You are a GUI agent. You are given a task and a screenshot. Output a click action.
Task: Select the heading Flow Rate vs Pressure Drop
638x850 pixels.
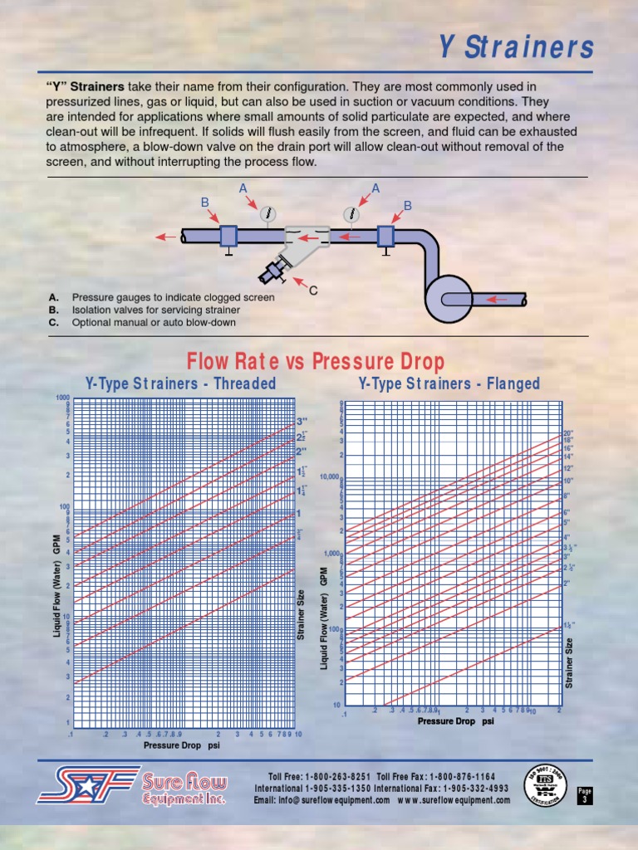(315, 362)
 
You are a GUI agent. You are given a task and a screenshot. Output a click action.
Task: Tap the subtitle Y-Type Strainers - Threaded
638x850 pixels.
(180, 383)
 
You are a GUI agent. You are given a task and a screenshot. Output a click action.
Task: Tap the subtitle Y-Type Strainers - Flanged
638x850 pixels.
(449, 383)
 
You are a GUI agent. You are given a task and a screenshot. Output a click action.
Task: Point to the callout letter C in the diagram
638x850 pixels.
(313, 291)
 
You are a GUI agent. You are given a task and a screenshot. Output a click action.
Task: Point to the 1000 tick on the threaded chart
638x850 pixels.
(62, 398)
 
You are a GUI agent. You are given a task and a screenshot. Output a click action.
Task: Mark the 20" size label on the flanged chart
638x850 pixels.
(569, 433)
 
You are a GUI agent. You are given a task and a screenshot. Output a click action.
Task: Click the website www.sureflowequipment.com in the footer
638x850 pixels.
(454, 800)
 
